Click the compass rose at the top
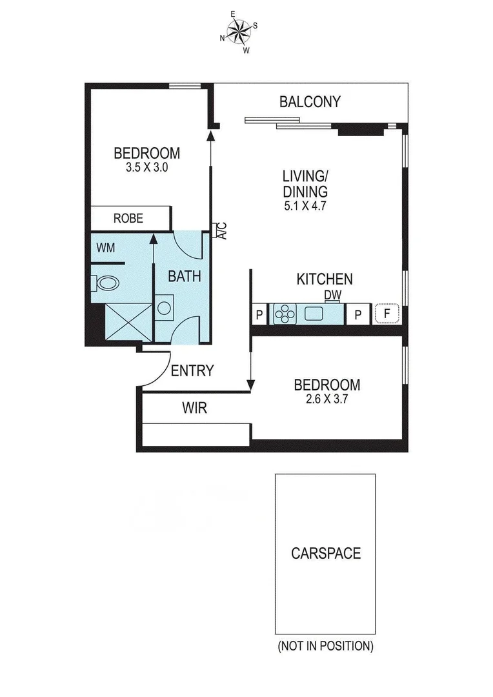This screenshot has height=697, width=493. point(239,31)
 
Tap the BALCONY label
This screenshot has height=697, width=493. point(310,101)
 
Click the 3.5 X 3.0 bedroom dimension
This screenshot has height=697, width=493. point(146,167)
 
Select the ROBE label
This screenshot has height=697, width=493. point(128,218)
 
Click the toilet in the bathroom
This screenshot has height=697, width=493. point(106,283)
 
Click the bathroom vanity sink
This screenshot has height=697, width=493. point(165,306)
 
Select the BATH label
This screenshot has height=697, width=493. point(185,276)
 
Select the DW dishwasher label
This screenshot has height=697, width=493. point(333,295)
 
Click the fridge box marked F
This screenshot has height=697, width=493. point(387,314)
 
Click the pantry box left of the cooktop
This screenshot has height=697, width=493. point(259,314)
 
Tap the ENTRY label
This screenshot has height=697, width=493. point(192,370)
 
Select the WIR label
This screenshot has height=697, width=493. point(194,409)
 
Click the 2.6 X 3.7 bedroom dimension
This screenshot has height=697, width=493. point(327,399)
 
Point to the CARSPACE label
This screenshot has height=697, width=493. point(325,553)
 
